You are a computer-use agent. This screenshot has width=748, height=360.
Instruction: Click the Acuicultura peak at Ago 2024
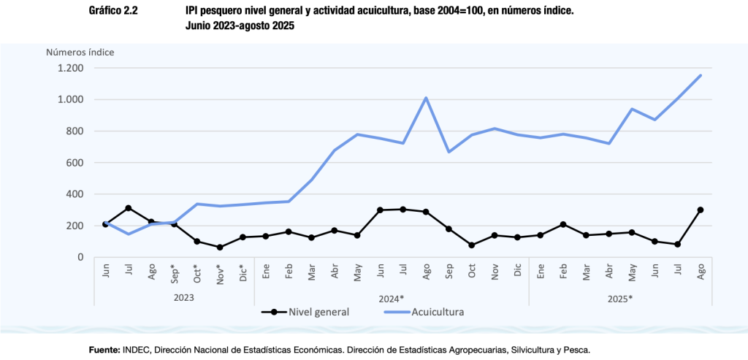point(426,98)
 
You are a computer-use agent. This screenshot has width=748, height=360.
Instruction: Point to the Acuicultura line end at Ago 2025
point(701,75)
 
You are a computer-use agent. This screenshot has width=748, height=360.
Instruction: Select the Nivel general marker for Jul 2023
point(129,208)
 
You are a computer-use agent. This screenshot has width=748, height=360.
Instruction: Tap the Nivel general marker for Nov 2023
point(220,248)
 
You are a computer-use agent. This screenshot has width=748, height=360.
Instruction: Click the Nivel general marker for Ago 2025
point(701,210)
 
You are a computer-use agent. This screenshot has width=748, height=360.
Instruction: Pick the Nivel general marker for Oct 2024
point(472,245)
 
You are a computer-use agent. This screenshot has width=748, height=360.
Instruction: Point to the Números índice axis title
point(80,52)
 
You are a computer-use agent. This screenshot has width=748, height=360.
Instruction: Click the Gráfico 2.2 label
point(113,12)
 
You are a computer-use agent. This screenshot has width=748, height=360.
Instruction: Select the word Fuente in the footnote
point(104,350)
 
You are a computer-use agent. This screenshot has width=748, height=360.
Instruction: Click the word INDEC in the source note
point(136,350)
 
